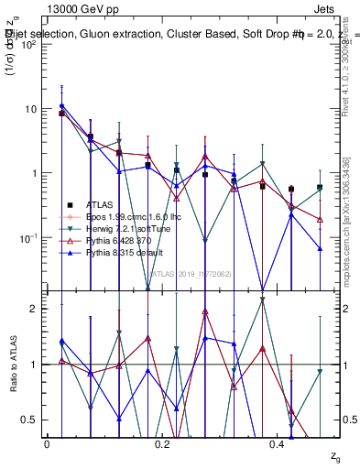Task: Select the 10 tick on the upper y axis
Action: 29,109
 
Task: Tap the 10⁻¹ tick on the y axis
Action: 27,237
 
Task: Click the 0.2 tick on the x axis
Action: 162,442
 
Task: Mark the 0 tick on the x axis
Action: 47,442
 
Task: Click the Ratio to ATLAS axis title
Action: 12,364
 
